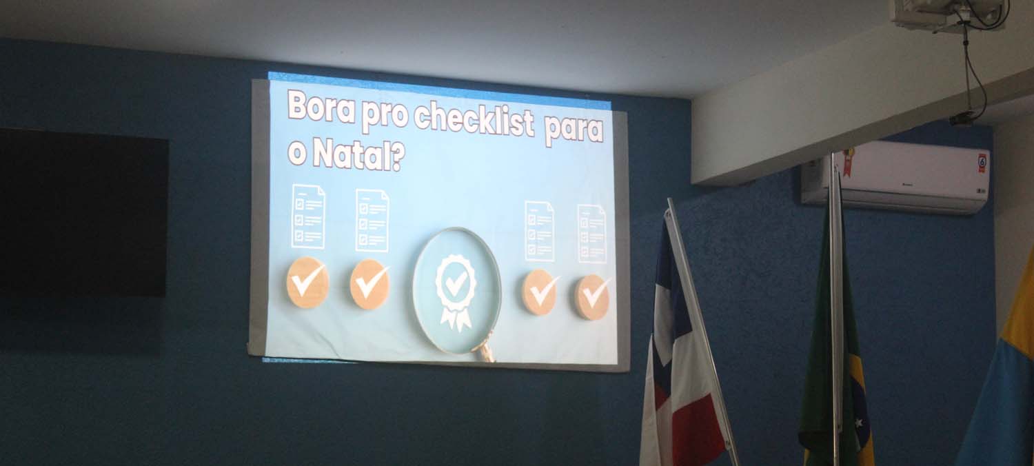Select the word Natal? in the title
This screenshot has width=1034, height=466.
358,156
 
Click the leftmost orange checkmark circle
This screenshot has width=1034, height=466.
307,282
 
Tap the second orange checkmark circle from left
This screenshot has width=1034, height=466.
369,284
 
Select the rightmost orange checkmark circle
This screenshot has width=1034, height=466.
592,297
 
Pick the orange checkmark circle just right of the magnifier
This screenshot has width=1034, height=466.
540,292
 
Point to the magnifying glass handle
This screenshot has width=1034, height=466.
484,347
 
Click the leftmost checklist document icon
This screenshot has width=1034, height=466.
308,216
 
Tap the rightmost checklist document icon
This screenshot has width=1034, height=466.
591,234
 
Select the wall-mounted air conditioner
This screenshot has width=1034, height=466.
895,176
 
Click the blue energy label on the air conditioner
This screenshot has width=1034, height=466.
982,163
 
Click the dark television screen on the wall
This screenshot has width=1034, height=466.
83,212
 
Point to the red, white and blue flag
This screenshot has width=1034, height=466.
682,351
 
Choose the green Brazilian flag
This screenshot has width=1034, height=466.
835,351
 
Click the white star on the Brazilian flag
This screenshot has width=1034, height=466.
859,422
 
